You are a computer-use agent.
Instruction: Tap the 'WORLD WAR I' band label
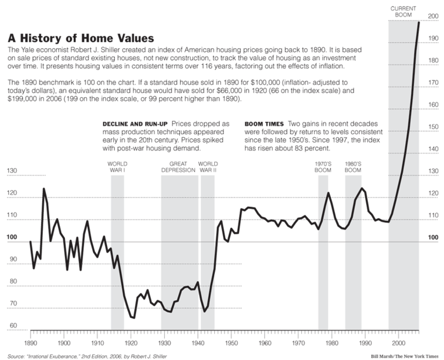pyautogui.click(x=117, y=167)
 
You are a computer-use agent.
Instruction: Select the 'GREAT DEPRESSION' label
pyautogui.click(x=179, y=167)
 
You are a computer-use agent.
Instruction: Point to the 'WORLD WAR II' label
pyautogui.click(x=209, y=167)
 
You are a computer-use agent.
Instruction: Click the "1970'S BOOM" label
pyautogui.click(x=323, y=167)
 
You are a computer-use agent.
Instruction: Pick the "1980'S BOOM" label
pyautogui.click(x=353, y=167)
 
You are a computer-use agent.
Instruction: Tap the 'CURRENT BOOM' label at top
pyautogui.click(x=404, y=12)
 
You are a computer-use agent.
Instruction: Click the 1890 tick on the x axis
pyautogui.click(x=30, y=336)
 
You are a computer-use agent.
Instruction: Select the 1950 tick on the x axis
pyautogui.click(x=231, y=336)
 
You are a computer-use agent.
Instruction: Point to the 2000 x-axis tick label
pyautogui.click(x=398, y=336)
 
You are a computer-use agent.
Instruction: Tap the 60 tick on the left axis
pyautogui.click(x=12, y=326)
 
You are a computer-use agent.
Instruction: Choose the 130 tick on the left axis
pyautogui.click(x=12, y=170)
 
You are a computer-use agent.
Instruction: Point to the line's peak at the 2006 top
pyautogui.click(x=418, y=22)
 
